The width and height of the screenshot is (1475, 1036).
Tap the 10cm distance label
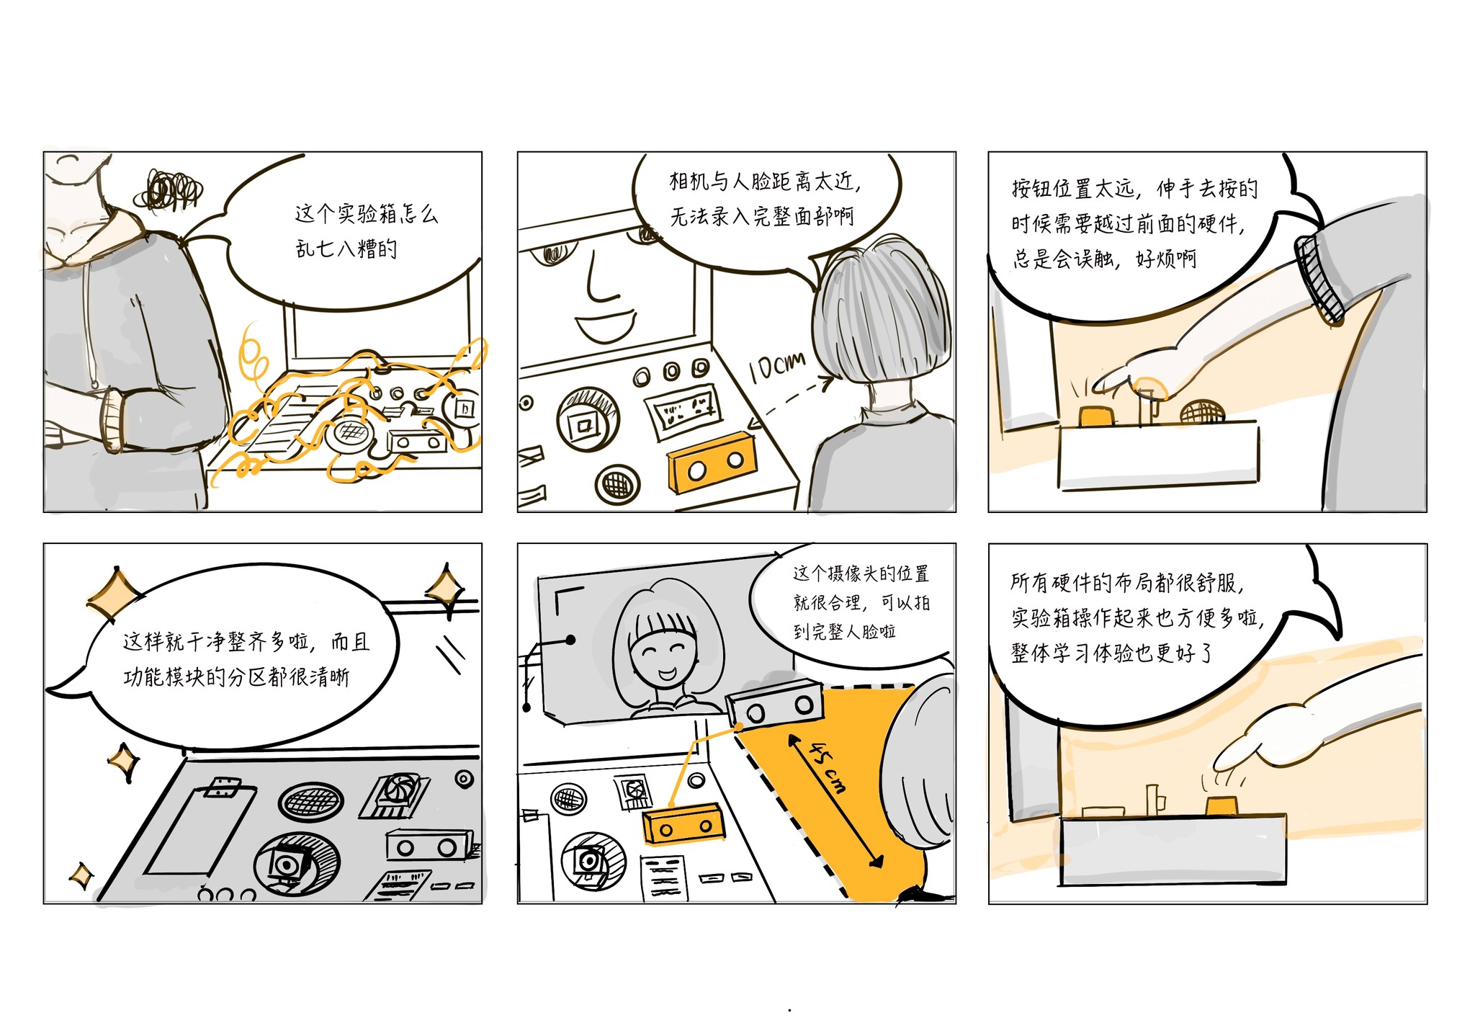(x=777, y=366)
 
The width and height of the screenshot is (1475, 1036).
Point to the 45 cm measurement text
(x=828, y=767)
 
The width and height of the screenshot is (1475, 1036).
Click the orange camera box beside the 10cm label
(x=712, y=463)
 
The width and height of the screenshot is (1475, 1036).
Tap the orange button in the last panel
(x=1222, y=805)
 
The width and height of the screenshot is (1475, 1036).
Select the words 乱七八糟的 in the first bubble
(x=346, y=249)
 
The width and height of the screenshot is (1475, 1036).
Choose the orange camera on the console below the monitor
(x=683, y=823)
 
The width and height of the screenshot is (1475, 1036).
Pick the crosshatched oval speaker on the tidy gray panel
(x=311, y=800)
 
